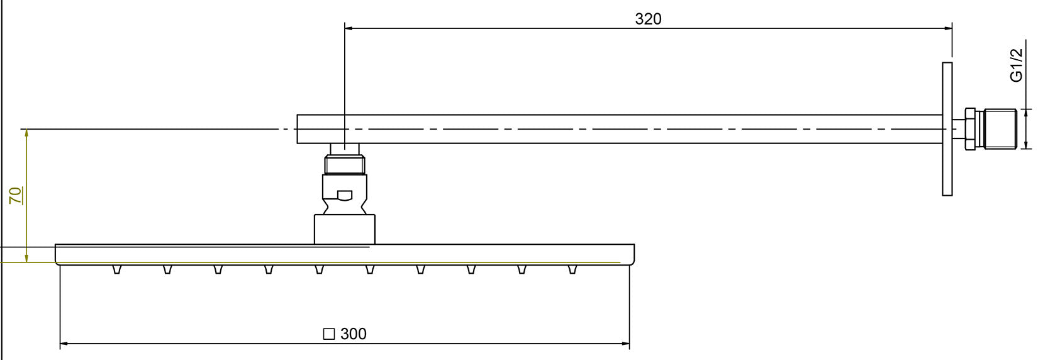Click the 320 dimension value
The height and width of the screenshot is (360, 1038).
tap(648, 19)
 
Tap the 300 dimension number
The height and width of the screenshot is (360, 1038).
tap(353, 334)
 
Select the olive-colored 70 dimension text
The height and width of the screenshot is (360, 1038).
tap(16, 195)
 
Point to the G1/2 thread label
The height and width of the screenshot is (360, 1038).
tap(1016, 65)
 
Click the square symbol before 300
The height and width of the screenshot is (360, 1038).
tap(328, 334)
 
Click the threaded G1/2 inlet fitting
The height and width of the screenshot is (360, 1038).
tap(1000, 129)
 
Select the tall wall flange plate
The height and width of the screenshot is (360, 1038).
tap(947, 129)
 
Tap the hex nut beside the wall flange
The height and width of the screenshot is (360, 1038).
tap(969, 129)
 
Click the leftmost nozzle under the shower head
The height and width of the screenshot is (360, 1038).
tap(116, 269)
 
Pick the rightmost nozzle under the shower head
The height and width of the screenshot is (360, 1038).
tap(572, 269)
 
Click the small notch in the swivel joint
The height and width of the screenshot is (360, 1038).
tap(345, 195)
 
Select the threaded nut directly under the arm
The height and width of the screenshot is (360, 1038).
tap(345, 165)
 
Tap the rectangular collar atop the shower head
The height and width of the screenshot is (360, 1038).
tap(345, 229)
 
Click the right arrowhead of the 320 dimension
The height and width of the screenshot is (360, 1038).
tap(948, 28)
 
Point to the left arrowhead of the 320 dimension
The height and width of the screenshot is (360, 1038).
tap(349, 28)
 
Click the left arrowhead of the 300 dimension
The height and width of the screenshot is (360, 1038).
tap(64, 344)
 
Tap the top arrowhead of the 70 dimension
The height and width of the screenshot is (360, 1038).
tap(26, 133)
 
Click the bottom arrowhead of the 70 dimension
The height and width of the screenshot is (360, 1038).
tap(26, 258)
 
